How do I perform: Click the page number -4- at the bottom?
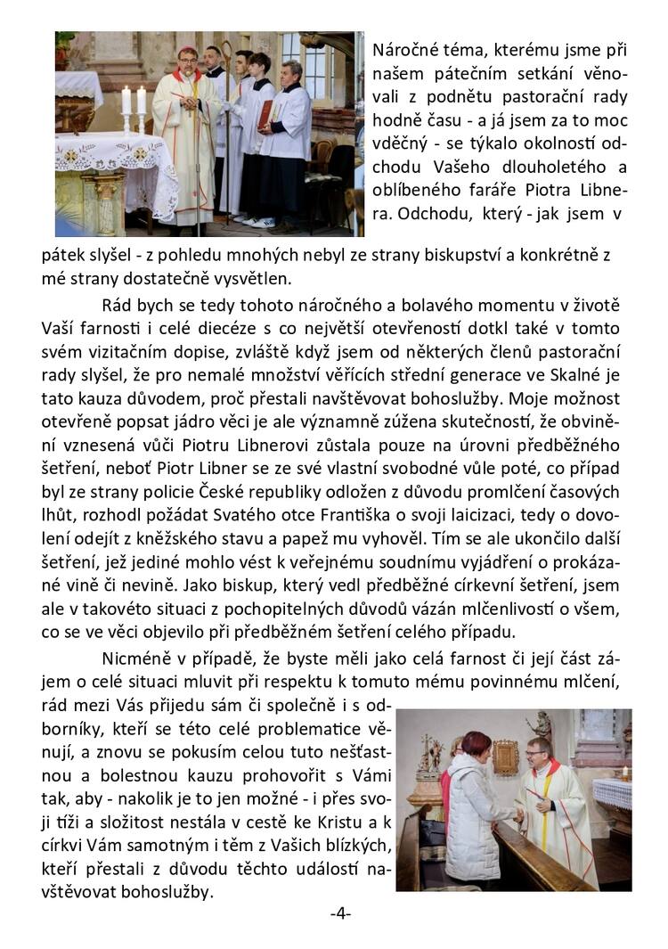[340, 914]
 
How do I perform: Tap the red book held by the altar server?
[265, 114]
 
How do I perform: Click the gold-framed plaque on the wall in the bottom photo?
[506, 756]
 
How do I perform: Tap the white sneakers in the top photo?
[246, 220]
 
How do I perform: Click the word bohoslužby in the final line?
[166, 891]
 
